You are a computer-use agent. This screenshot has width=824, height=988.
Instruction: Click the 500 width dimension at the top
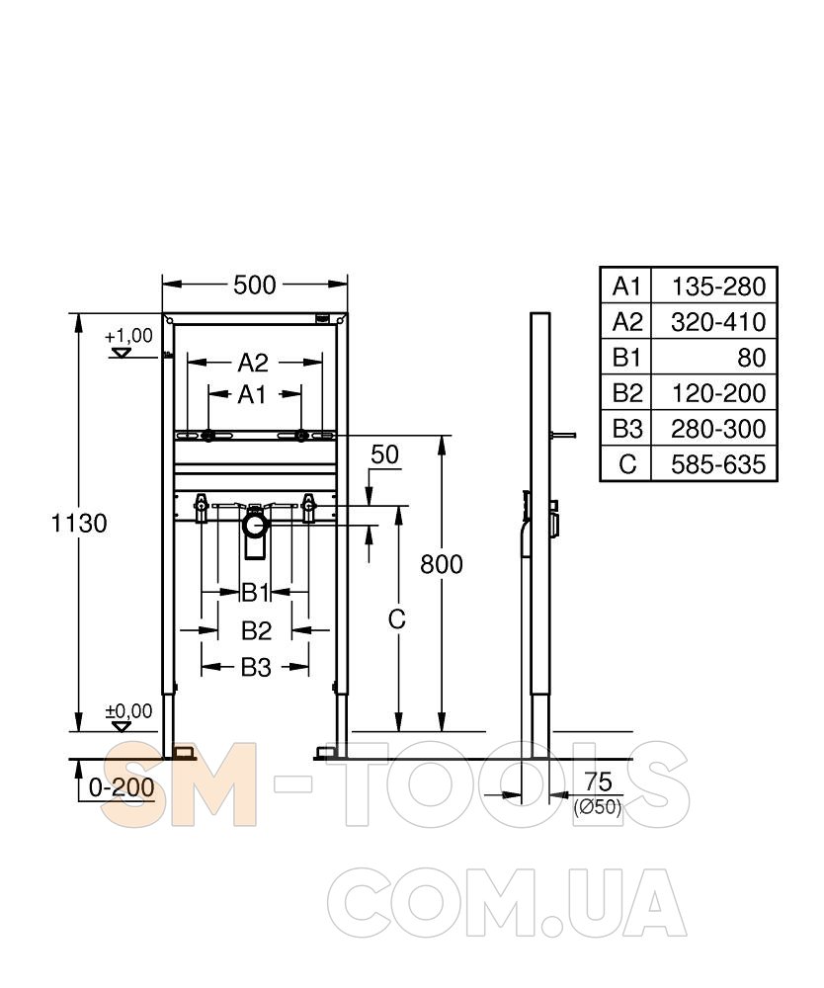point(255,286)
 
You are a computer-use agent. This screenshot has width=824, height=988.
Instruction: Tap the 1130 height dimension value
point(79,523)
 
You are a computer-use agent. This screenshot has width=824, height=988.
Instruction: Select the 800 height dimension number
point(442,564)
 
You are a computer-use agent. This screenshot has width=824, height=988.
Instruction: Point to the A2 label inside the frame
point(253,363)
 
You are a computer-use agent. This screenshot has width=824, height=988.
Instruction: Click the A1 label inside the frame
point(252,395)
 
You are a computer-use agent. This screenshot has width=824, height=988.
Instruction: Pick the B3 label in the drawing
point(256,667)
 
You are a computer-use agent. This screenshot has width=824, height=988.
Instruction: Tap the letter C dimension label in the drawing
point(397,620)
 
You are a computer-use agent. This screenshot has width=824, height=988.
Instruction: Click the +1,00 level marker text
point(129,336)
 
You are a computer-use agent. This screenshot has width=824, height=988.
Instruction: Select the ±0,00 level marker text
point(128,710)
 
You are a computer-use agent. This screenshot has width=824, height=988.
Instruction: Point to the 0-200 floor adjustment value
point(122,787)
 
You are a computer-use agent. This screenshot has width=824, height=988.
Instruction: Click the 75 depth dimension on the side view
point(598,782)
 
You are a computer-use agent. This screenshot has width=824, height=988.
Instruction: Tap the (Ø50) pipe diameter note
point(597,807)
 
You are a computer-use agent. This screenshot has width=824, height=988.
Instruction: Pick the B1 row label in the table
point(626,358)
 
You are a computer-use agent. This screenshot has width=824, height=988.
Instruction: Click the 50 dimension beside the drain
point(385,454)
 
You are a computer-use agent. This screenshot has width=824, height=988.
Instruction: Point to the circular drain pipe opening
point(255,527)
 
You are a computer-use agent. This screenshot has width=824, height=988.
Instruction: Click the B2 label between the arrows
point(256,630)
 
